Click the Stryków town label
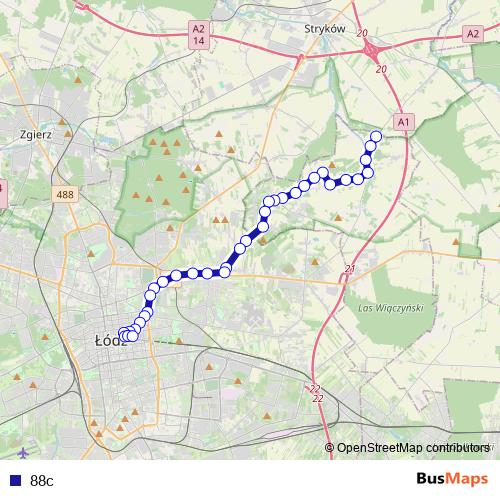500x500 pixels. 324,29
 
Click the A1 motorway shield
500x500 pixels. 404,121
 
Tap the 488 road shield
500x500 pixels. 66,195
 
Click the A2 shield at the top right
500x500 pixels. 473,33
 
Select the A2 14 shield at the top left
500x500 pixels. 200,35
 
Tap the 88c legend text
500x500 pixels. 41,480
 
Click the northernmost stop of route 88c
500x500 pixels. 377,136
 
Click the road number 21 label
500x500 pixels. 348,269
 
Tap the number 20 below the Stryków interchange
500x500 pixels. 380,68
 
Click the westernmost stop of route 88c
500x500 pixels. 123,334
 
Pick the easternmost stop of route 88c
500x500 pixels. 377,136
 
